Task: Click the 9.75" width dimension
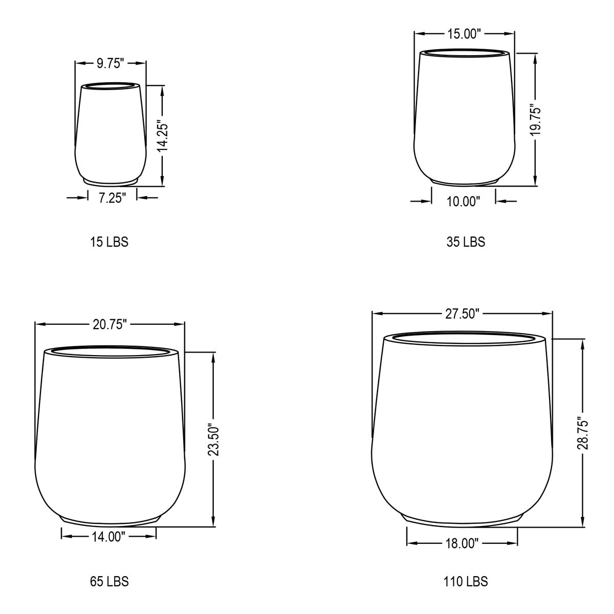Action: coord(110,63)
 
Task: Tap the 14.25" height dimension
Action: coord(163,136)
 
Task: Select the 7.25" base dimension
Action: coord(112,198)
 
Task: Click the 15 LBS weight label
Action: coord(109,242)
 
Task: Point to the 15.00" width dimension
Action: coord(464,33)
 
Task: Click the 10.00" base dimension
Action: coord(463,202)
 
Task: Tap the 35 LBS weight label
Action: coord(466,242)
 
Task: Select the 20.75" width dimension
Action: coord(109,324)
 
